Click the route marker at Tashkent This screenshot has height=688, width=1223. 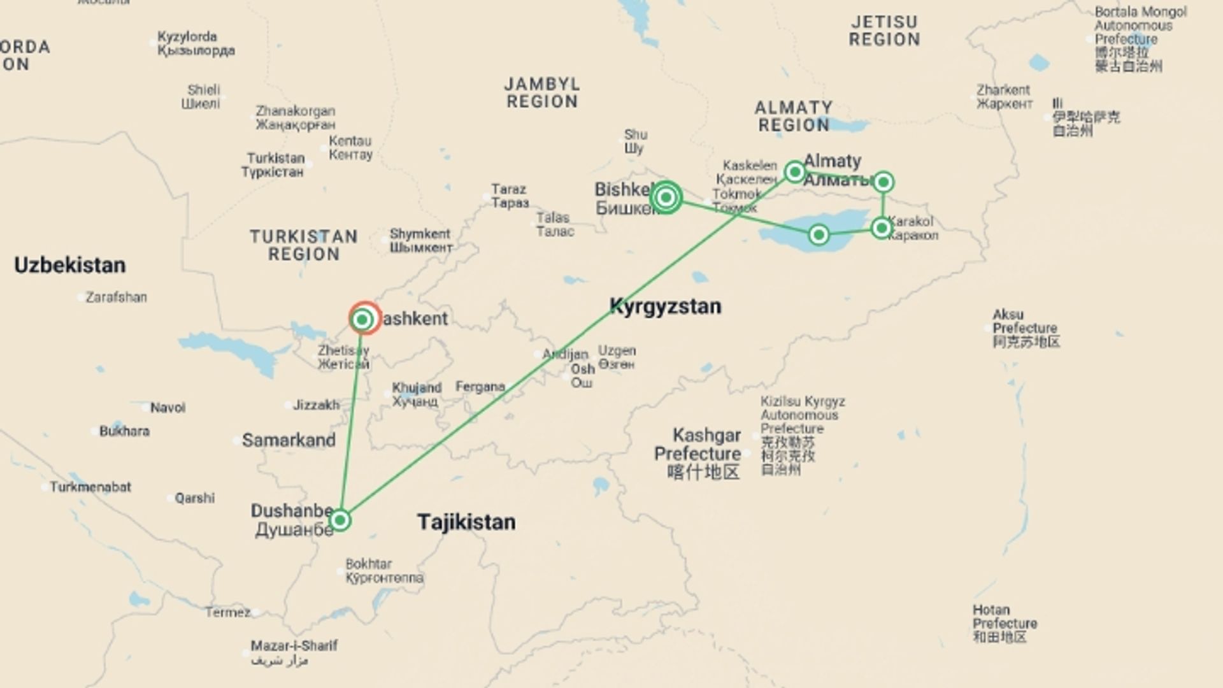pyautogui.click(x=362, y=319)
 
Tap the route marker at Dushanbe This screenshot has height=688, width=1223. pyautogui.click(x=340, y=520)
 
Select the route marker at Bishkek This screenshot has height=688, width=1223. pyautogui.click(x=666, y=197)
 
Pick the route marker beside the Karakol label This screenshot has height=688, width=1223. pyautogui.click(x=882, y=228)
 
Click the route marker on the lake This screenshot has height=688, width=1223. pyautogui.click(x=819, y=234)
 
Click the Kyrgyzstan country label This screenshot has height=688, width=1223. pyautogui.click(x=666, y=306)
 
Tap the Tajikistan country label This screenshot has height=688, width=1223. pyautogui.click(x=466, y=522)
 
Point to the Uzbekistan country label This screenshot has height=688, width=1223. pyautogui.click(x=70, y=265)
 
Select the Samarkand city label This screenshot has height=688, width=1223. pyautogui.click(x=289, y=440)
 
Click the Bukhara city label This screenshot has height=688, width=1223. pyautogui.click(x=124, y=431)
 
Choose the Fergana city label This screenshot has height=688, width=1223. pyautogui.click(x=480, y=387)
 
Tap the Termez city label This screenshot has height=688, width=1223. pyautogui.click(x=228, y=612)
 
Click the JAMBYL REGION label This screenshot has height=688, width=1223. pyautogui.click(x=542, y=93)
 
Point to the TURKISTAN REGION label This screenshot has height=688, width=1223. pyautogui.click(x=304, y=245)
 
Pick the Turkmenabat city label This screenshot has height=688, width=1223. pyautogui.click(x=90, y=487)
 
